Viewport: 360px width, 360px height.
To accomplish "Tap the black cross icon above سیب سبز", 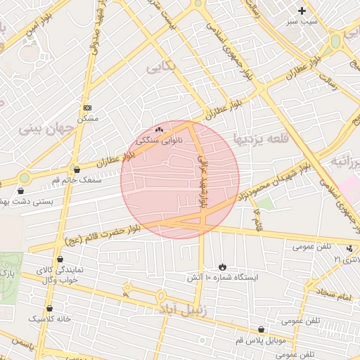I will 302,11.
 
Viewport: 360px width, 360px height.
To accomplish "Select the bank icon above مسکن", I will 87,108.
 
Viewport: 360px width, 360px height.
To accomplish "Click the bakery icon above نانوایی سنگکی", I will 159,129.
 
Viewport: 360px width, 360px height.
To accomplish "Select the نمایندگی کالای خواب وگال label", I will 60,275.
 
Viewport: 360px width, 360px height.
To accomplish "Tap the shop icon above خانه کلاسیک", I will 49,308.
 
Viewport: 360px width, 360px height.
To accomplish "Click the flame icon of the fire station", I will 223,266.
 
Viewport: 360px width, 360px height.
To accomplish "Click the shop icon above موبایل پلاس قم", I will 262,329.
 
